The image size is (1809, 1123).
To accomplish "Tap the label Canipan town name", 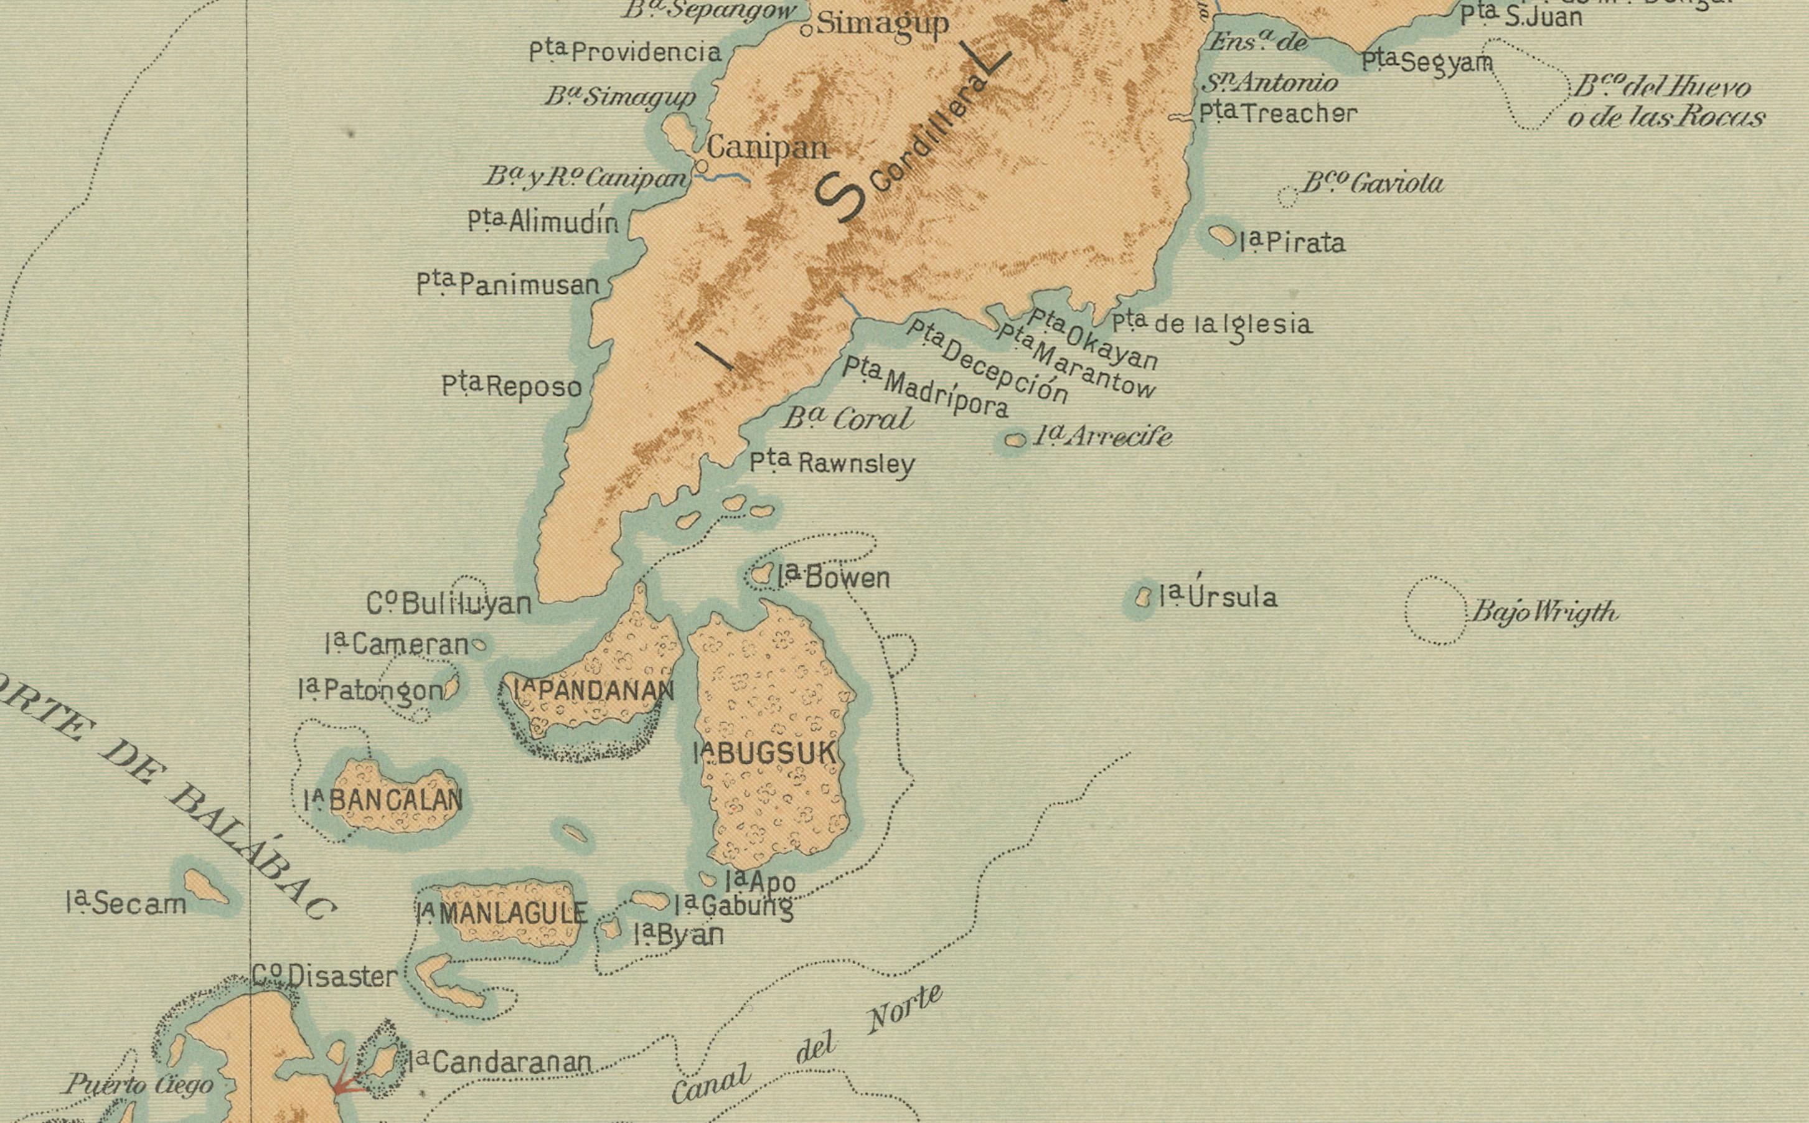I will tap(766, 148).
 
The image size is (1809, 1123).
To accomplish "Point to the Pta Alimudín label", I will tap(543, 222).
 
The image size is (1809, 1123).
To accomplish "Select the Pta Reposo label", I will tap(512, 386).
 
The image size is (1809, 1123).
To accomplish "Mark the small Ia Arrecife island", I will tap(1015, 441).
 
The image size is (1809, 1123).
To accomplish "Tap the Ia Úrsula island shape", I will tap(1144, 596).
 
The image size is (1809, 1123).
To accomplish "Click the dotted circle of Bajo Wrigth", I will tap(1435, 610).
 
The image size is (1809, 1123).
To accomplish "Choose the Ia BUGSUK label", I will tap(765, 753).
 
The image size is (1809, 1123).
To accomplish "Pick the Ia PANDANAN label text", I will tap(594, 691).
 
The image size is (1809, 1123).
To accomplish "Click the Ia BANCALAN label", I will tap(383, 800).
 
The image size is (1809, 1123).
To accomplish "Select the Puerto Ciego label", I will tap(139, 1085).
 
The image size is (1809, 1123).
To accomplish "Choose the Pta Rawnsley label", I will tap(832, 464).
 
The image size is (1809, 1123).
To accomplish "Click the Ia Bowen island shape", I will tap(761, 574).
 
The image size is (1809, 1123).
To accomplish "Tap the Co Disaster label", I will tap(326, 976).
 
